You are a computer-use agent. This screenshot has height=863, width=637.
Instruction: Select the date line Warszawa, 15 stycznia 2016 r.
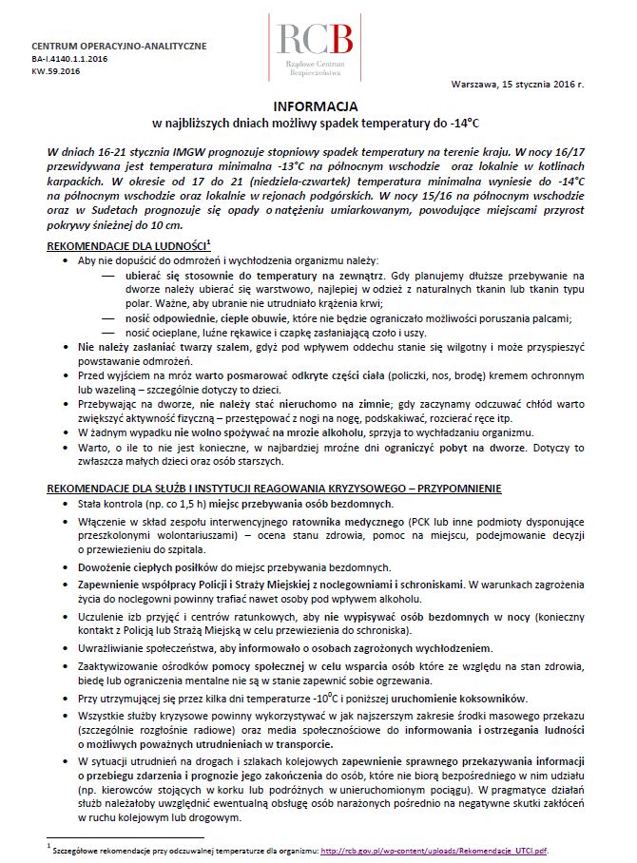(518, 85)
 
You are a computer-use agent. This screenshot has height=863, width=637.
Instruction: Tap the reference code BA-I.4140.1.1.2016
(69, 59)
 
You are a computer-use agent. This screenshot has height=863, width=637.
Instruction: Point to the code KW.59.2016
(56, 70)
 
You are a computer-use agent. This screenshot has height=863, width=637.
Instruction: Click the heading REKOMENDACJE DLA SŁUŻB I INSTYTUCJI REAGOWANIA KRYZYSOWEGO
(276, 489)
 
